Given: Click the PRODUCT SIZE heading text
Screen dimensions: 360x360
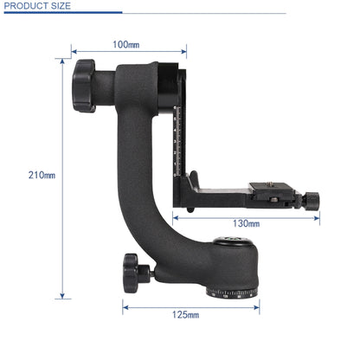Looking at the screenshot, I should point(38,6).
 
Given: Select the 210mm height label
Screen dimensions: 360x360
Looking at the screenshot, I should point(40,175).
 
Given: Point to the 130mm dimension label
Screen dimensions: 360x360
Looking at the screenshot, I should point(246,223).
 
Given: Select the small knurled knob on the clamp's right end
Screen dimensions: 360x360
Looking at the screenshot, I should point(311,200).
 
